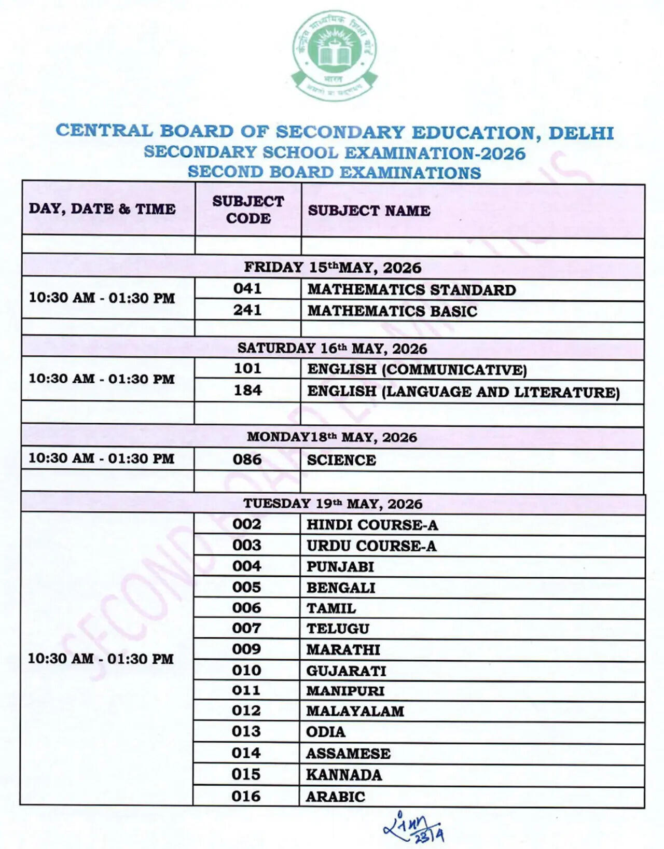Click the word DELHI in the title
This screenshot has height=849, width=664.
tap(581, 133)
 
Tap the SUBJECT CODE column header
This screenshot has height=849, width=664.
tap(248, 210)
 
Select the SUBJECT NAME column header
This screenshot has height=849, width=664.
tap(369, 211)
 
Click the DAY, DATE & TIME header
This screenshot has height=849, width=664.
tap(102, 209)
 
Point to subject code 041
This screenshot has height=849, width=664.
tap(247, 288)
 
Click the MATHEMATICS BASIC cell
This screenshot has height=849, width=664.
tap(392, 311)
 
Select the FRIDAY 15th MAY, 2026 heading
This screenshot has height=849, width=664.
tap(333, 268)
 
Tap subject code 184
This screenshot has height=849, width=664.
tap(247, 390)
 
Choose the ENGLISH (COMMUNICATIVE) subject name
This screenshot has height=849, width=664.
tap(417, 370)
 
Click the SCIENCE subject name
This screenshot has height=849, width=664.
tap(341, 460)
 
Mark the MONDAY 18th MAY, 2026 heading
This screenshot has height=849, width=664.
tap(332, 437)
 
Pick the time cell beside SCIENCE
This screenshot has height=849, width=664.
tap(101, 458)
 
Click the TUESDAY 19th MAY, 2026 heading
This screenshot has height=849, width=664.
tap(333, 504)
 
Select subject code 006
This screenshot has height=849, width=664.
tap(247, 608)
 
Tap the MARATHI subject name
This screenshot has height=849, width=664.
tap(343, 649)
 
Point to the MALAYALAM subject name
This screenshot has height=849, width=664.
tap(355, 711)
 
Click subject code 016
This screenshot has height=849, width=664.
tap(246, 796)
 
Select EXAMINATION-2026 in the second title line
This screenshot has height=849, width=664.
tap(435, 153)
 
